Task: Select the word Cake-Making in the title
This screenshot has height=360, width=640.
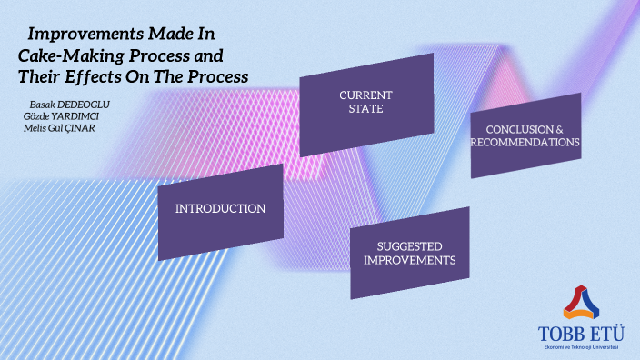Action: click(x=63, y=55)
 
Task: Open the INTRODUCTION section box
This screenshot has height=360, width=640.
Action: click(x=220, y=211)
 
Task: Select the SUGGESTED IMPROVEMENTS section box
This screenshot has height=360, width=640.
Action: click(x=409, y=253)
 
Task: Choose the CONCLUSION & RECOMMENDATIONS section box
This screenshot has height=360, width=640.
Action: click(x=525, y=135)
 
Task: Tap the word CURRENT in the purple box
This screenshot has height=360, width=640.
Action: click(x=365, y=95)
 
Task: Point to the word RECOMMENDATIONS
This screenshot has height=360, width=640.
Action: click(x=525, y=143)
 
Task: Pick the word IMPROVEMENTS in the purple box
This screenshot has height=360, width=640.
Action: click(x=409, y=260)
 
